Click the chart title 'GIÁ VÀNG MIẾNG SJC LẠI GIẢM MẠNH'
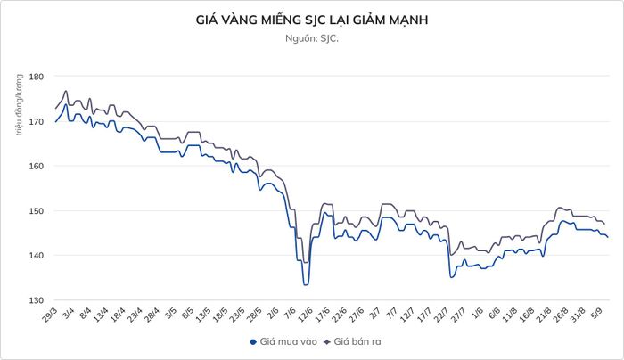[312, 20]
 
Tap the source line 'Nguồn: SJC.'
[312, 38]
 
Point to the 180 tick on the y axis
[36, 76]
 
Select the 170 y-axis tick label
[36, 121]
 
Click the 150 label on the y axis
[36, 211]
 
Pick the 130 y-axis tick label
[36, 300]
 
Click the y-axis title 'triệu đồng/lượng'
[19, 104]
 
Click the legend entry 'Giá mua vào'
[283, 341]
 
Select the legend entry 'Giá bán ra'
[352, 341]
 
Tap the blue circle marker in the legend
[252, 342]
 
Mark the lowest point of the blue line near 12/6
[306, 285]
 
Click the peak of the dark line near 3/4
[66, 91]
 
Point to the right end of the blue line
[608, 237]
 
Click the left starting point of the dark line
[55, 108]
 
